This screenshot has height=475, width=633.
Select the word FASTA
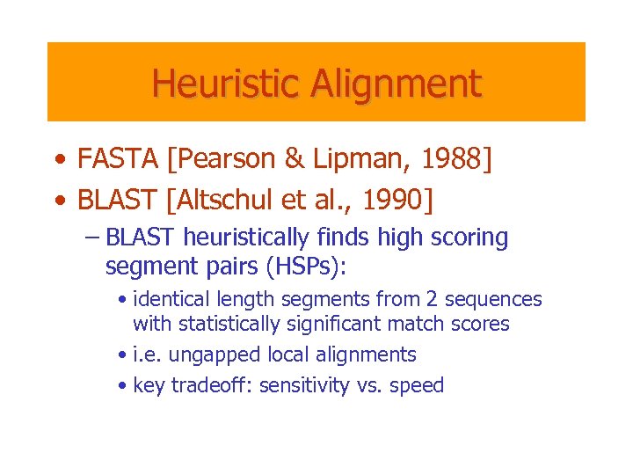[116, 159]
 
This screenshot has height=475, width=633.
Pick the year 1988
[451, 159]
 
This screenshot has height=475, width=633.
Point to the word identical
[171, 300]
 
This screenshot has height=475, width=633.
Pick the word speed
[418, 385]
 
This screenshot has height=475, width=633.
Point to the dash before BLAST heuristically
[93, 238]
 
